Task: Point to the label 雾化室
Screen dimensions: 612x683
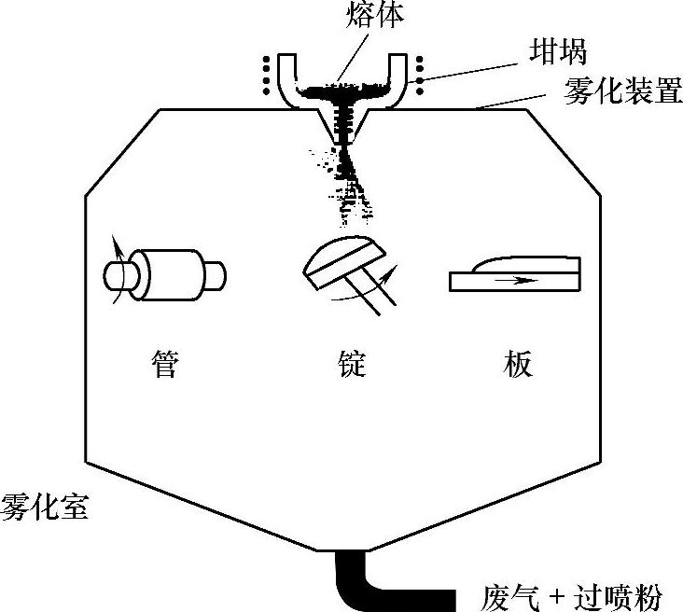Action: pyautogui.click(x=45, y=510)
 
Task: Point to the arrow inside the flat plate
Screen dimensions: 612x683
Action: pyautogui.click(x=518, y=278)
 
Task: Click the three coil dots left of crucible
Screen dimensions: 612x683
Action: pyautogui.click(x=267, y=76)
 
